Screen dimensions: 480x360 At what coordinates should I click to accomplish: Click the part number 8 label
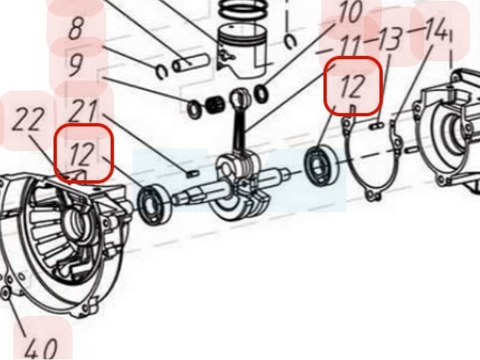coord(76,29)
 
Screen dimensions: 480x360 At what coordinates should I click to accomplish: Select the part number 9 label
coord(76,65)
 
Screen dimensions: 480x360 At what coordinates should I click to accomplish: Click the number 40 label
coord(41,349)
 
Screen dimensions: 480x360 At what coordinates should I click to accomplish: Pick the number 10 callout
coord(350,12)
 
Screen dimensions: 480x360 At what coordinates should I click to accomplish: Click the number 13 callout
coord(389,39)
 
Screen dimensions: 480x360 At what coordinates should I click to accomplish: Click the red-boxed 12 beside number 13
coord(353,86)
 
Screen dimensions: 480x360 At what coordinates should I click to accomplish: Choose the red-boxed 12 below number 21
coord(83,154)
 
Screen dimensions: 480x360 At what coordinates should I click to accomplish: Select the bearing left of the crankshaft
coord(154,204)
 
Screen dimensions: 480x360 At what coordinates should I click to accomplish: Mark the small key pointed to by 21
coord(193,173)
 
